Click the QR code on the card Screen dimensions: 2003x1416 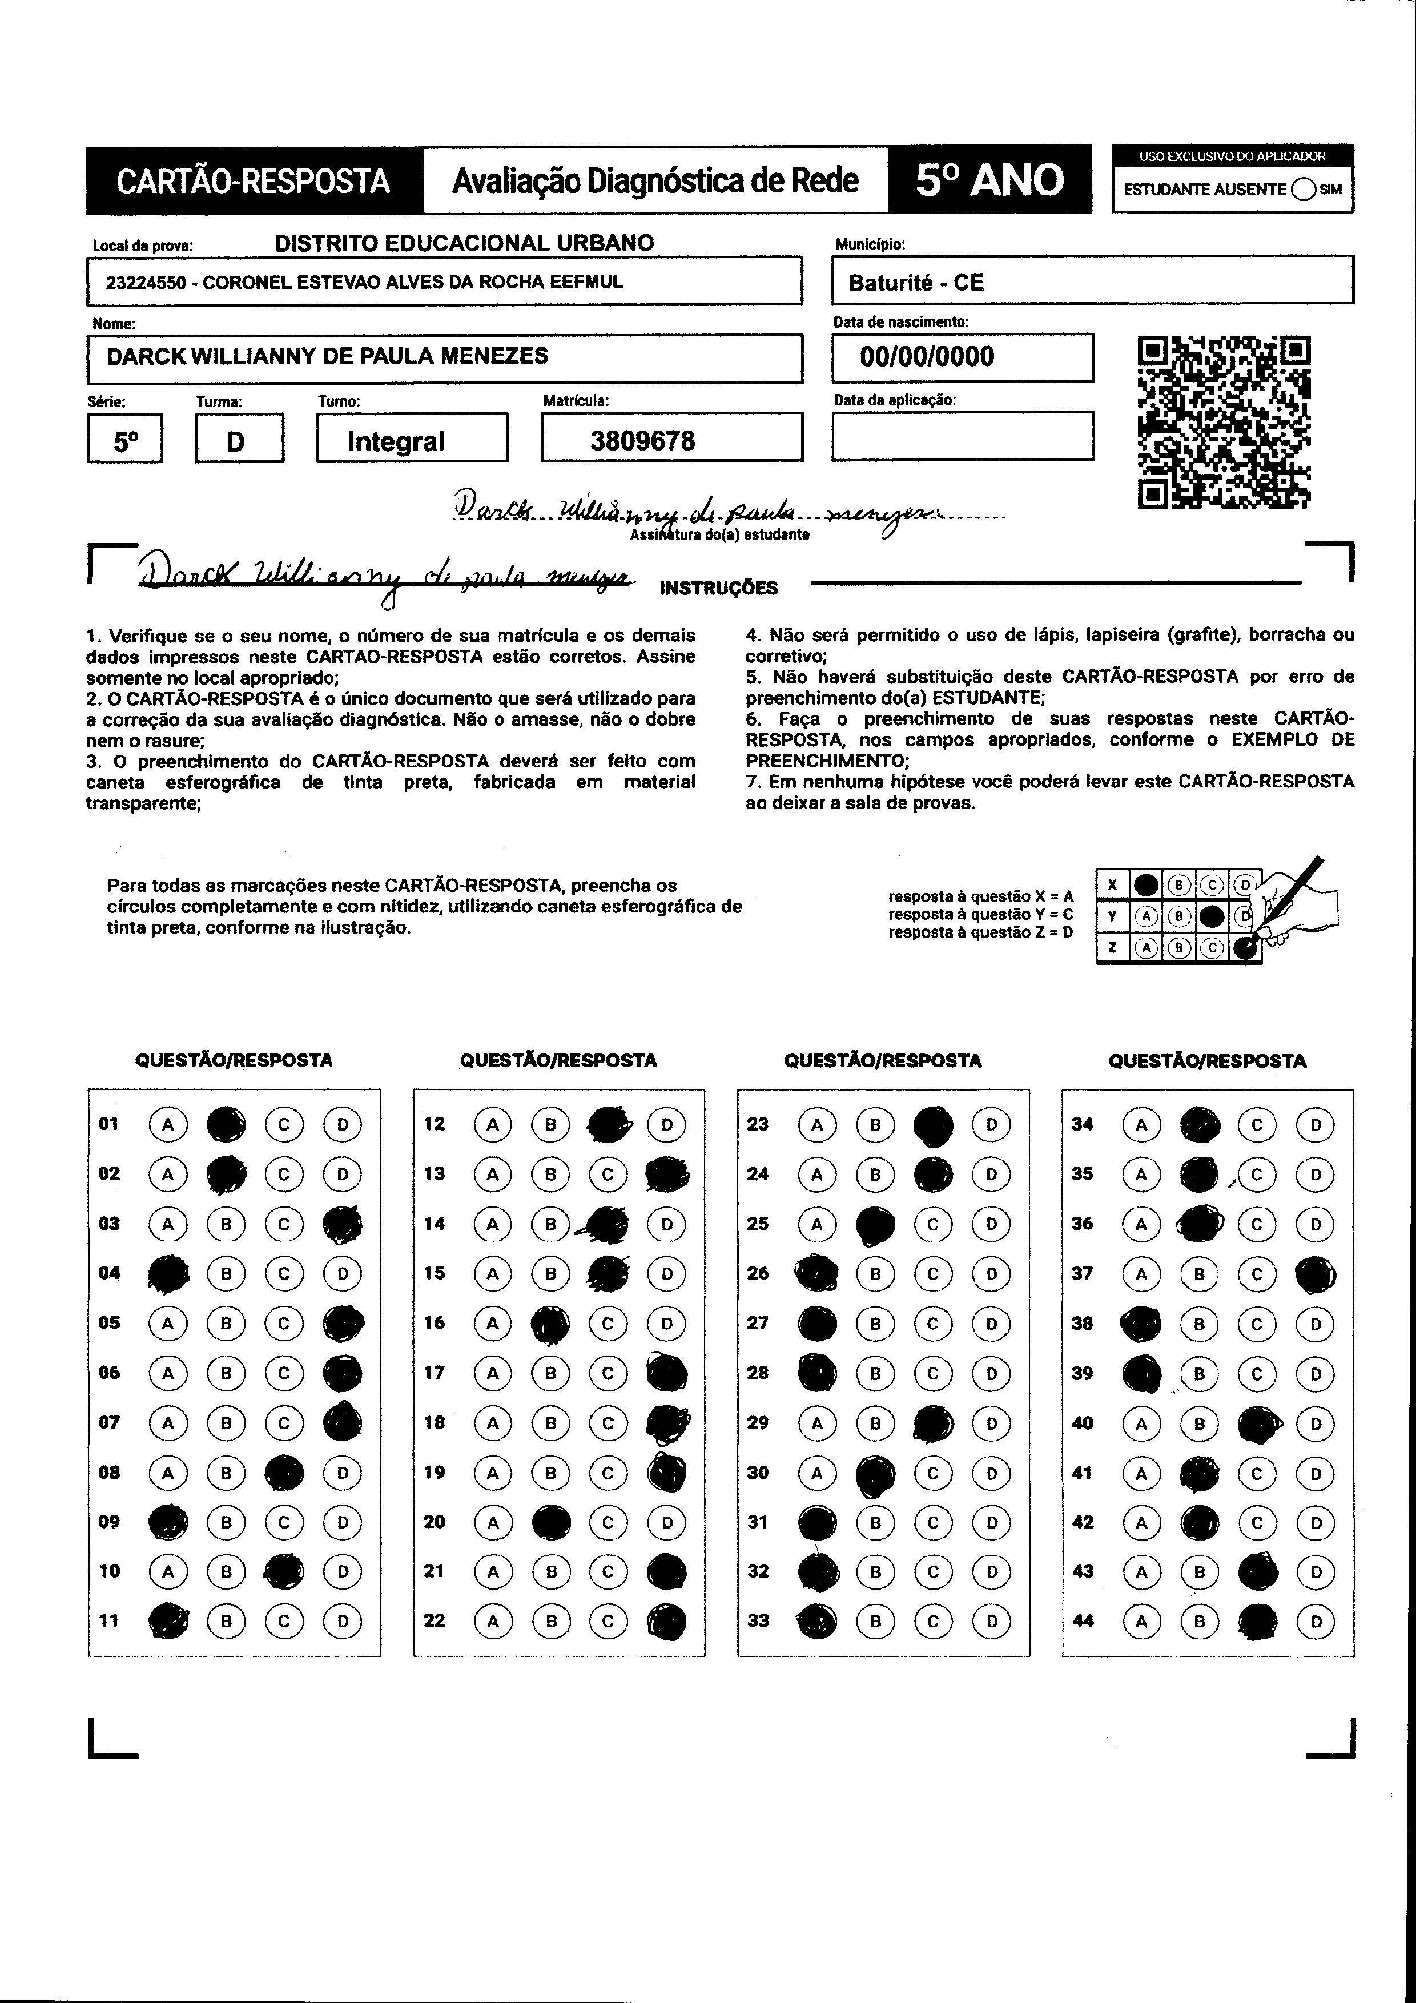pyautogui.click(x=1224, y=423)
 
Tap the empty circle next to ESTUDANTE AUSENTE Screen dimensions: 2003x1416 pyautogui.click(x=1304, y=190)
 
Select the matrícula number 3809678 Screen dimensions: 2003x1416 pyautogui.click(x=642, y=441)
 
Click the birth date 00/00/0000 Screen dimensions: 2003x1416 pyautogui.click(x=927, y=357)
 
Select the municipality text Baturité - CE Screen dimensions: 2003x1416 pyautogui.click(x=915, y=283)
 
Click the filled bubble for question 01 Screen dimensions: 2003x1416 pyautogui.click(x=226, y=1124)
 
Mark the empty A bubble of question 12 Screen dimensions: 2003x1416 pyautogui.click(x=493, y=1124)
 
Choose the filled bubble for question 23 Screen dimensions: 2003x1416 pyautogui.click(x=932, y=1124)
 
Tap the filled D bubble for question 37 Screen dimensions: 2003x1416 pyautogui.click(x=1315, y=1274)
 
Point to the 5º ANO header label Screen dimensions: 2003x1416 pyautogui.click(x=989, y=180)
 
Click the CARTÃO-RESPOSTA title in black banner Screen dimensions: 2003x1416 pyautogui.click(x=253, y=180)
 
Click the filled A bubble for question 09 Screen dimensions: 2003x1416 pyautogui.click(x=168, y=1522)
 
